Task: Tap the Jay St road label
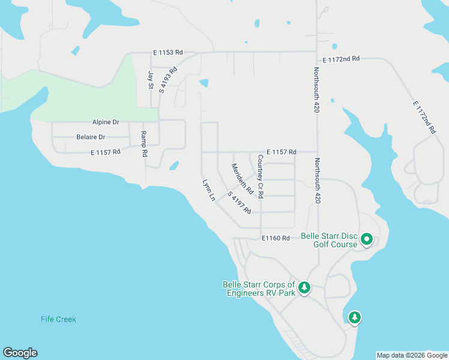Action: pyautogui.click(x=150, y=80)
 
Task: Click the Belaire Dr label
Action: pyautogui.click(x=91, y=137)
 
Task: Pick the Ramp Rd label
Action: pyautogui.click(x=144, y=144)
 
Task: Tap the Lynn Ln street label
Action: pyautogui.click(x=208, y=190)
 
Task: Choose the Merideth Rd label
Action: pyautogui.click(x=243, y=178)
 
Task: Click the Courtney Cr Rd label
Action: pyautogui.click(x=261, y=177)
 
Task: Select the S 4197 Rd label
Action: pyautogui.click(x=240, y=202)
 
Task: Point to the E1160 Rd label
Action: pyautogui.click(x=276, y=238)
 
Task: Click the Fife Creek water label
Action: pyautogui.click(x=59, y=319)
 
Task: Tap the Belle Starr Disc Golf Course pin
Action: pyautogui.click(x=367, y=240)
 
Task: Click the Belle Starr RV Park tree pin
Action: pyautogui.click(x=304, y=289)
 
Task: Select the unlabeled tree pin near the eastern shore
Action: pyautogui.click(x=355, y=317)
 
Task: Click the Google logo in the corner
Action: pyautogui.click(x=20, y=353)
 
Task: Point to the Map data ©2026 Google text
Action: pyautogui.click(x=412, y=355)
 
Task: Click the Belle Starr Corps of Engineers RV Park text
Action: pyautogui.click(x=259, y=289)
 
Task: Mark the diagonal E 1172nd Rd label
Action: pyautogui.click(x=424, y=117)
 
